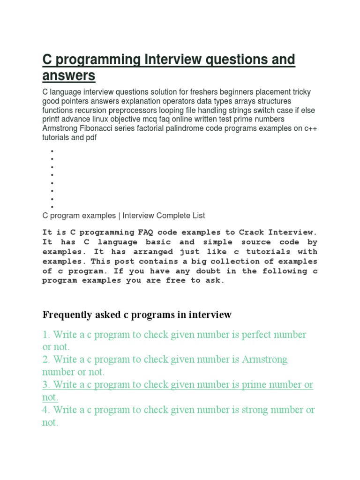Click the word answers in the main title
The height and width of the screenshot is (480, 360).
69,75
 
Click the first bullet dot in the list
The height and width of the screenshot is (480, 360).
52,151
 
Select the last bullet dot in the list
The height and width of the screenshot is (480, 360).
52,207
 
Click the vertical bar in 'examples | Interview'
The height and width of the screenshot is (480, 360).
120,216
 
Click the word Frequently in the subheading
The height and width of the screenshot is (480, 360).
67,315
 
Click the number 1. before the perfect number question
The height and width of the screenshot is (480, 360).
46,335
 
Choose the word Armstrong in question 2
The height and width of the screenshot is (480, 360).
265,360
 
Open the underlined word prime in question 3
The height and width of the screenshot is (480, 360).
253,384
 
